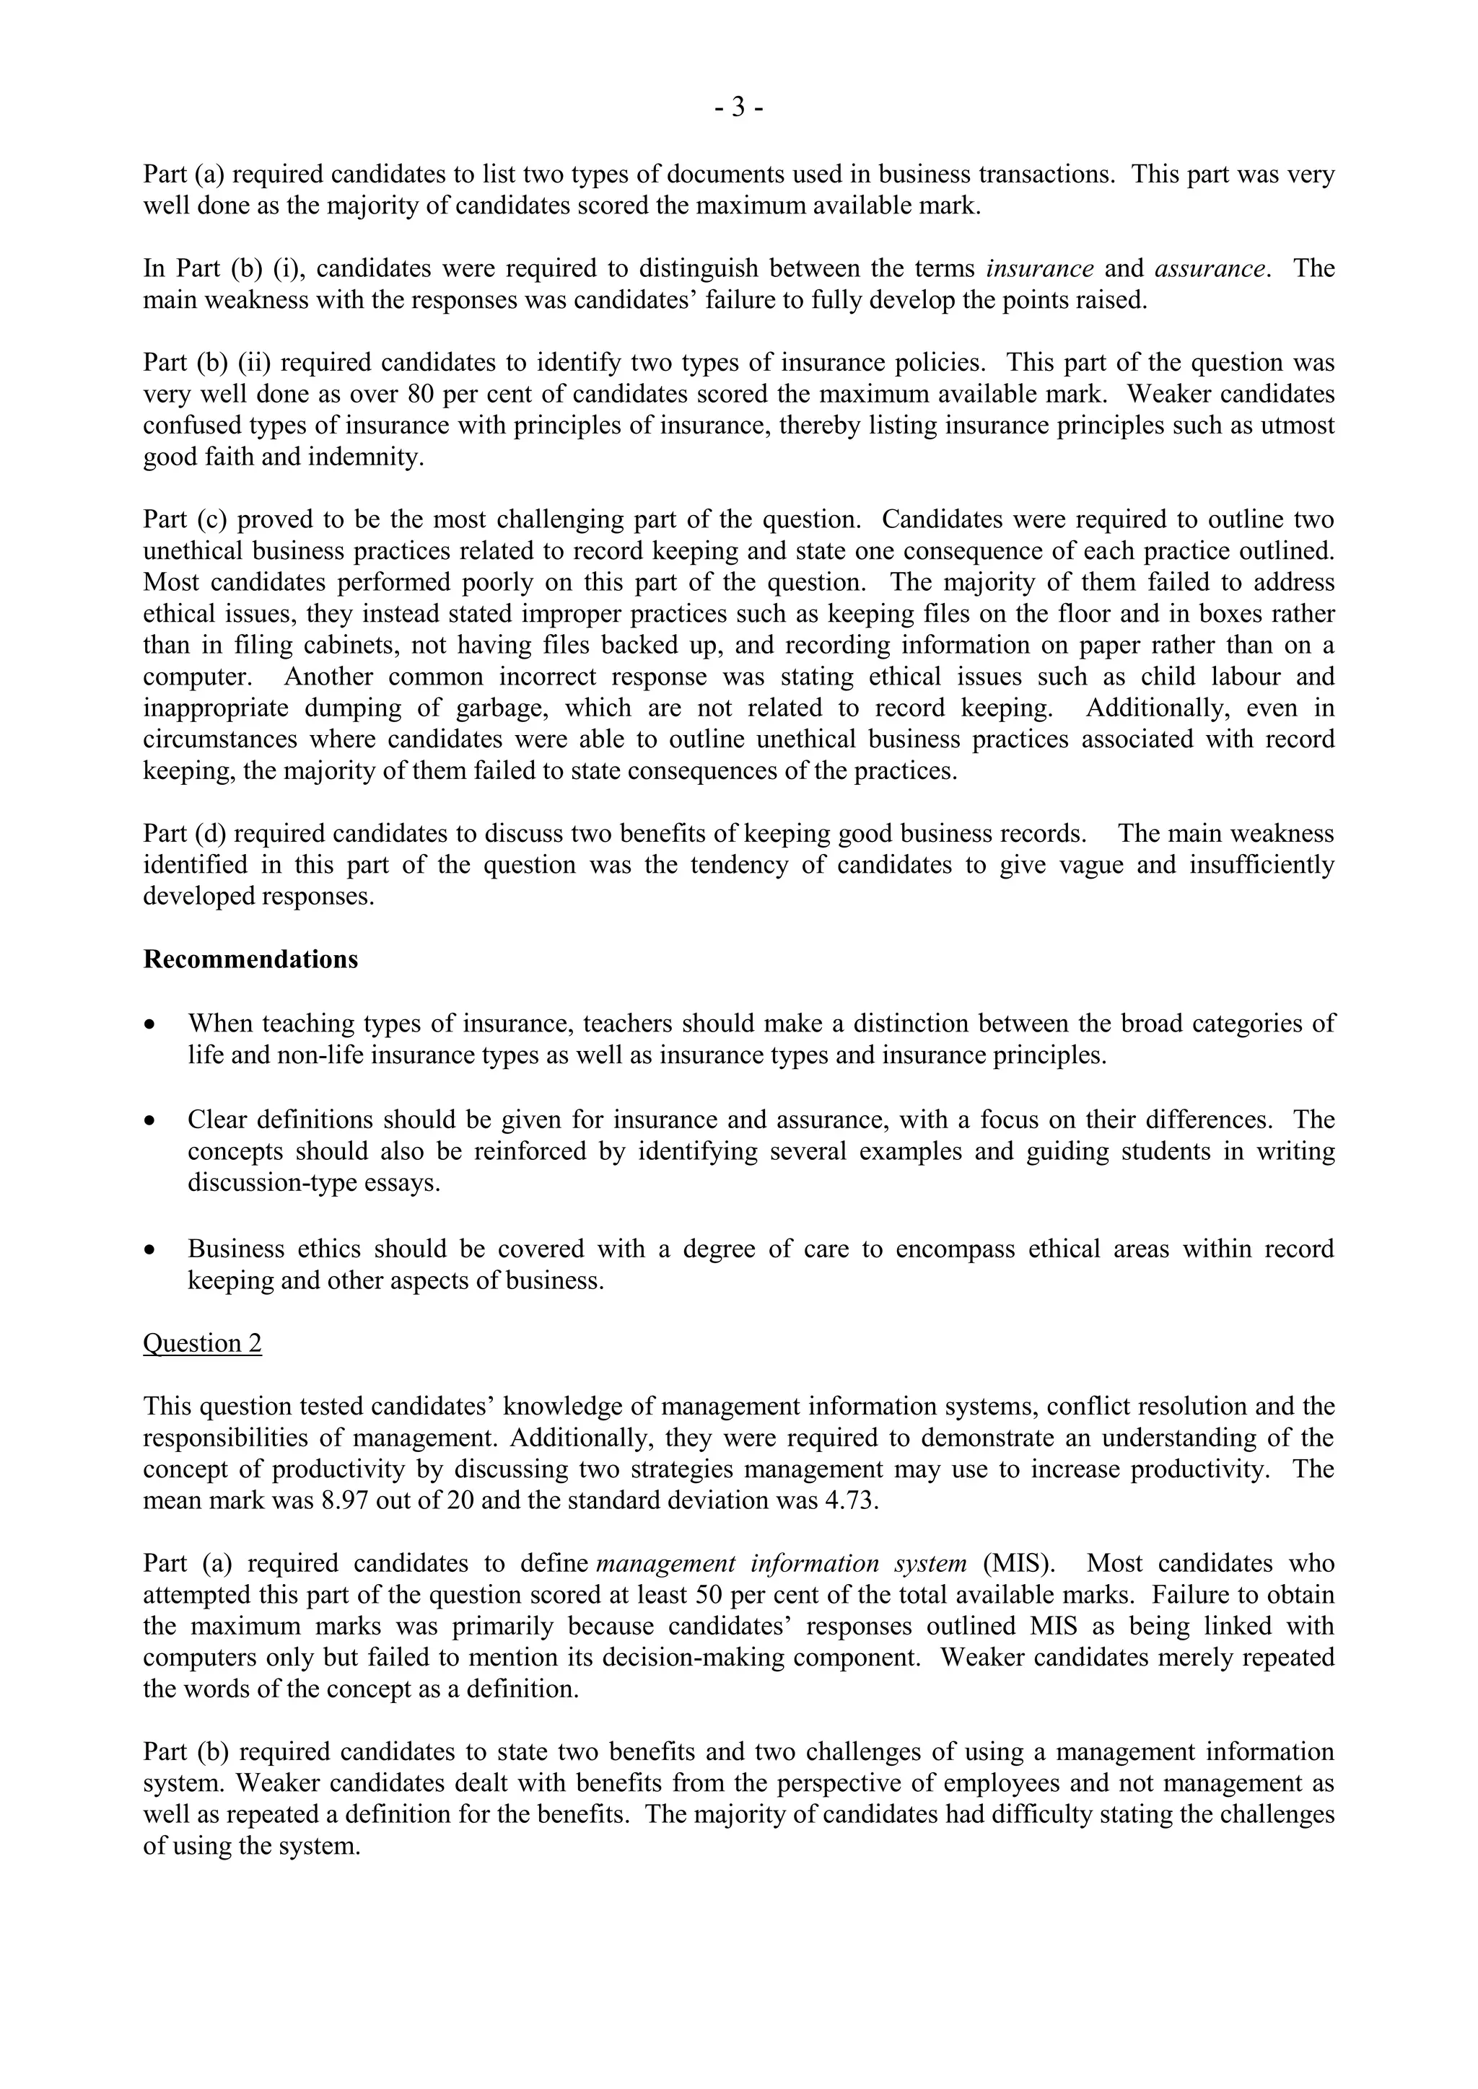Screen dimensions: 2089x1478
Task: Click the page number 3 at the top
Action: point(738,108)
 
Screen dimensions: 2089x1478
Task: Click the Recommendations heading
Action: point(250,960)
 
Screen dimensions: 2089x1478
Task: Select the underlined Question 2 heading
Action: point(202,1343)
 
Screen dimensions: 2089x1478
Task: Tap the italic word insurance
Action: point(1039,268)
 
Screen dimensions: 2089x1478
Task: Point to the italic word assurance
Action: point(1210,268)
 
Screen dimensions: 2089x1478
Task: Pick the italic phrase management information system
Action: point(781,1563)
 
